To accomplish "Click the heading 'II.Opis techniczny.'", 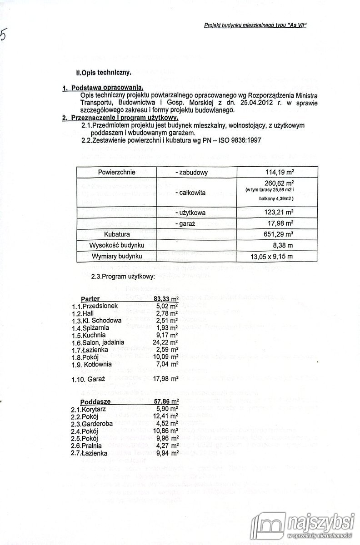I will coord(104,72).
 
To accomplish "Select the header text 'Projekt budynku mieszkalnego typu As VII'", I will coord(255,26).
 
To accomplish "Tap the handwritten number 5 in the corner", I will coord(5,35).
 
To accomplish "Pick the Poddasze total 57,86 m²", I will coord(166,402).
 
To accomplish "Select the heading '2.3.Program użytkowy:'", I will coord(124,276).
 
